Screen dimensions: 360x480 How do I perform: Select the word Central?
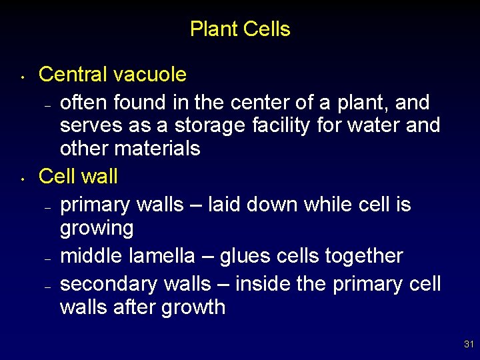pos(74,74)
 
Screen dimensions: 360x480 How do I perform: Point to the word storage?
pos(211,125)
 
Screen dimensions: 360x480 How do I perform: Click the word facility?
pos(281,125)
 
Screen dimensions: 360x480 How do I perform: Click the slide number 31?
pos(469,345)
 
